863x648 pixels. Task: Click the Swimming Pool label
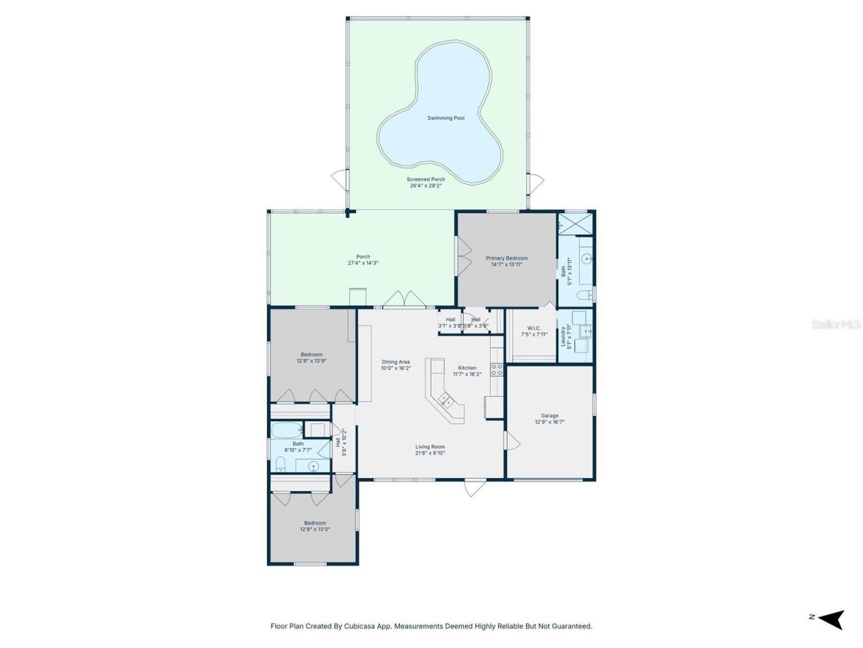coord(446,118)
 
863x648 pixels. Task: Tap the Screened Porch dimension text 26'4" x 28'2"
coord(425,186)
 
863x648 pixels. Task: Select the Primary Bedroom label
coord(507,258)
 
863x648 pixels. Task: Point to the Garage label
coord(549,416)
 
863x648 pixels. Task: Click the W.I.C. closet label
coord(534,328)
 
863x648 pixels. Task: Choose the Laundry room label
coord(563,336)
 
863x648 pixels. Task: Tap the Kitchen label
coord(467,368)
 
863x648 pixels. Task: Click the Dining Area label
coord(396,362)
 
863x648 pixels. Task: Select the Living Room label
coord(429,447)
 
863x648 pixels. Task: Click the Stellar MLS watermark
coord(836,325)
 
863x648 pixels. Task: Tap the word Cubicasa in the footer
coord(349,626)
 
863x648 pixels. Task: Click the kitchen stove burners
coord(496,369)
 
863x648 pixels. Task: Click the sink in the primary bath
coord(585,258)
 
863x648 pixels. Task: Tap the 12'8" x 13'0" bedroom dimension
coord(315,529)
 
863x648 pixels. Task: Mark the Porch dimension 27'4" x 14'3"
coord(363,263)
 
